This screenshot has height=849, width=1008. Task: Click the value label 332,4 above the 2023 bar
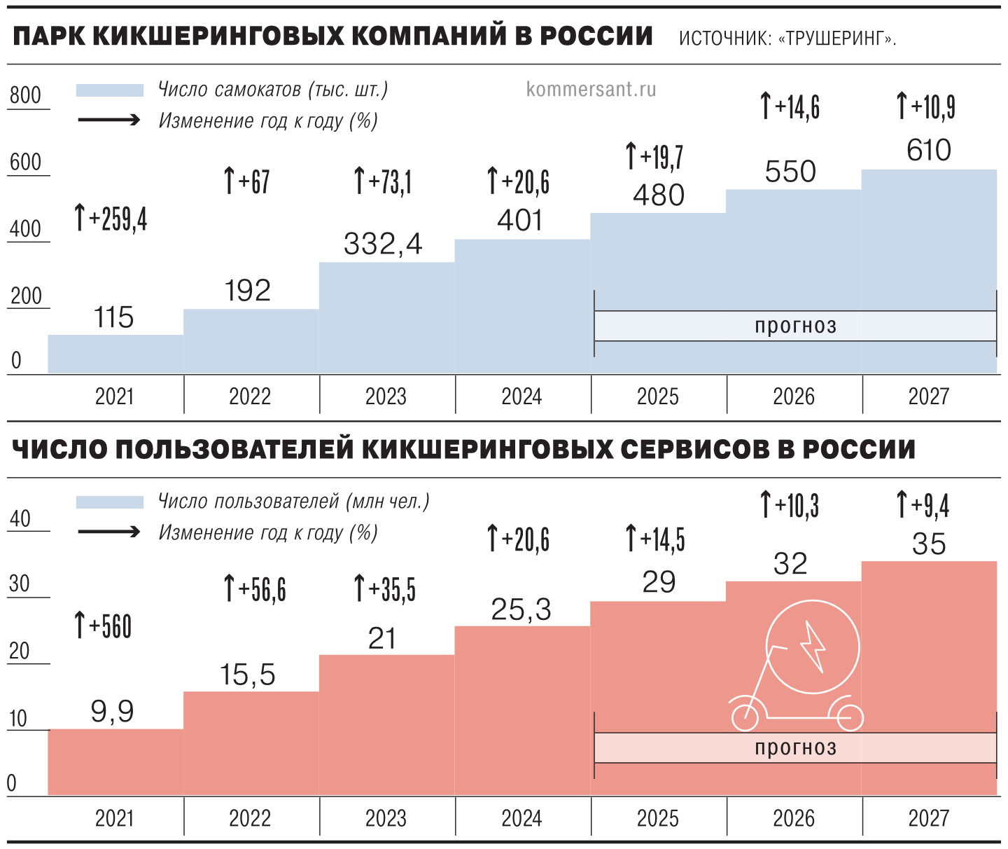point(383,244)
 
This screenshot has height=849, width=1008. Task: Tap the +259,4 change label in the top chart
point(111,219)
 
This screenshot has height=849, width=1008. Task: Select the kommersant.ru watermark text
point(591,90)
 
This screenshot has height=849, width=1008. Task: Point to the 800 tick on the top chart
point(26,95)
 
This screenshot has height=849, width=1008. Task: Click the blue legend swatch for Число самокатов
point(110,90)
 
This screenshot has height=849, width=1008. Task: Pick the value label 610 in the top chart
point(928,151)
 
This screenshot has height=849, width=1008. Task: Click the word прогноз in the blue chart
point(795,326)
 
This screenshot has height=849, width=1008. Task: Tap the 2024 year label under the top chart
point(521,396)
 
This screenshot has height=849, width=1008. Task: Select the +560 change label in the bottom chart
point(104,626)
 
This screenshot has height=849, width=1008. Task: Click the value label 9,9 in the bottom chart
point(112,712)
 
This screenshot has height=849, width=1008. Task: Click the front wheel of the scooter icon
point(745,717)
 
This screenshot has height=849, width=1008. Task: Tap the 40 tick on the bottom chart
point(20,519)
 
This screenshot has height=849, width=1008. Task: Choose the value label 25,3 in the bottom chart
point(521,609)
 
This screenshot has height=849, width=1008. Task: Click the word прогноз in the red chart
point(795,747)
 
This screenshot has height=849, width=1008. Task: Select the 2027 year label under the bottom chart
point(928,818)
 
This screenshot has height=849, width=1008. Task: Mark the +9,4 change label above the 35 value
point(923,505)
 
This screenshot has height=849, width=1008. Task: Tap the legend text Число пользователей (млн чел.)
point(293,502)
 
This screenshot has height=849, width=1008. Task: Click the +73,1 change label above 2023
point(384,181)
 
